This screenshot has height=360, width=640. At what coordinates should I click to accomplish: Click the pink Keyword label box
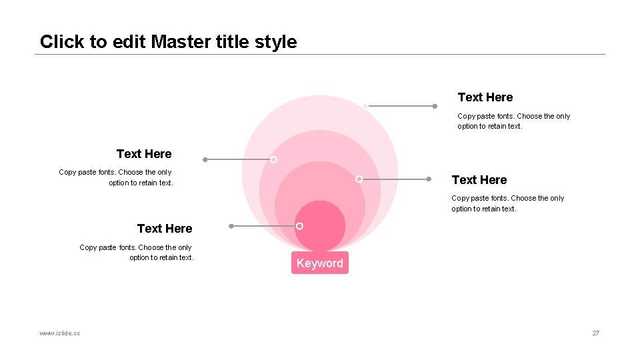tap(319, 263)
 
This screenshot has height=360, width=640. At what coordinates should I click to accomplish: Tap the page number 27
tap(595, 333)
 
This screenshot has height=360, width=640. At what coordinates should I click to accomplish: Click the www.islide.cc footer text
tap(60, 333)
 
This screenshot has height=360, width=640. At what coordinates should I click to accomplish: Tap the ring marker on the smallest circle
tap(299, 226)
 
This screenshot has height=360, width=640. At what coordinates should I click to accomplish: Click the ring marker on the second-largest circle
tap(273, 159)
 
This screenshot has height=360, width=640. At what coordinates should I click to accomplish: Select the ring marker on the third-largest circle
tap(359, 179)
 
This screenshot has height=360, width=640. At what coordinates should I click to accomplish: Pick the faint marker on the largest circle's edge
tap(365, 105)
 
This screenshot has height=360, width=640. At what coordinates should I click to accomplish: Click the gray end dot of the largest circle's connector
tap(435, 105)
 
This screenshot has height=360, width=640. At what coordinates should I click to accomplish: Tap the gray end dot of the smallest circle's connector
tap(231, 226)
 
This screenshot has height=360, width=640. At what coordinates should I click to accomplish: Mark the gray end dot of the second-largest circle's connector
tap(205, 159)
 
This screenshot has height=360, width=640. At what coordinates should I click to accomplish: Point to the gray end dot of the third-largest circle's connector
tap(429, 179)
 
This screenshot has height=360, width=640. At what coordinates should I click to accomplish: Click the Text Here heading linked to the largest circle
tap(485, 97)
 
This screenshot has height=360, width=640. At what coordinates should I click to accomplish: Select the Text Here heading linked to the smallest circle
tap(165, 229)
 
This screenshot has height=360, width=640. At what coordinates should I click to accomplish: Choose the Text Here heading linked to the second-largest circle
tap(144, 154)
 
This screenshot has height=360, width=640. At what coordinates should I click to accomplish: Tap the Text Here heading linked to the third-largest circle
tap(479, 180)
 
